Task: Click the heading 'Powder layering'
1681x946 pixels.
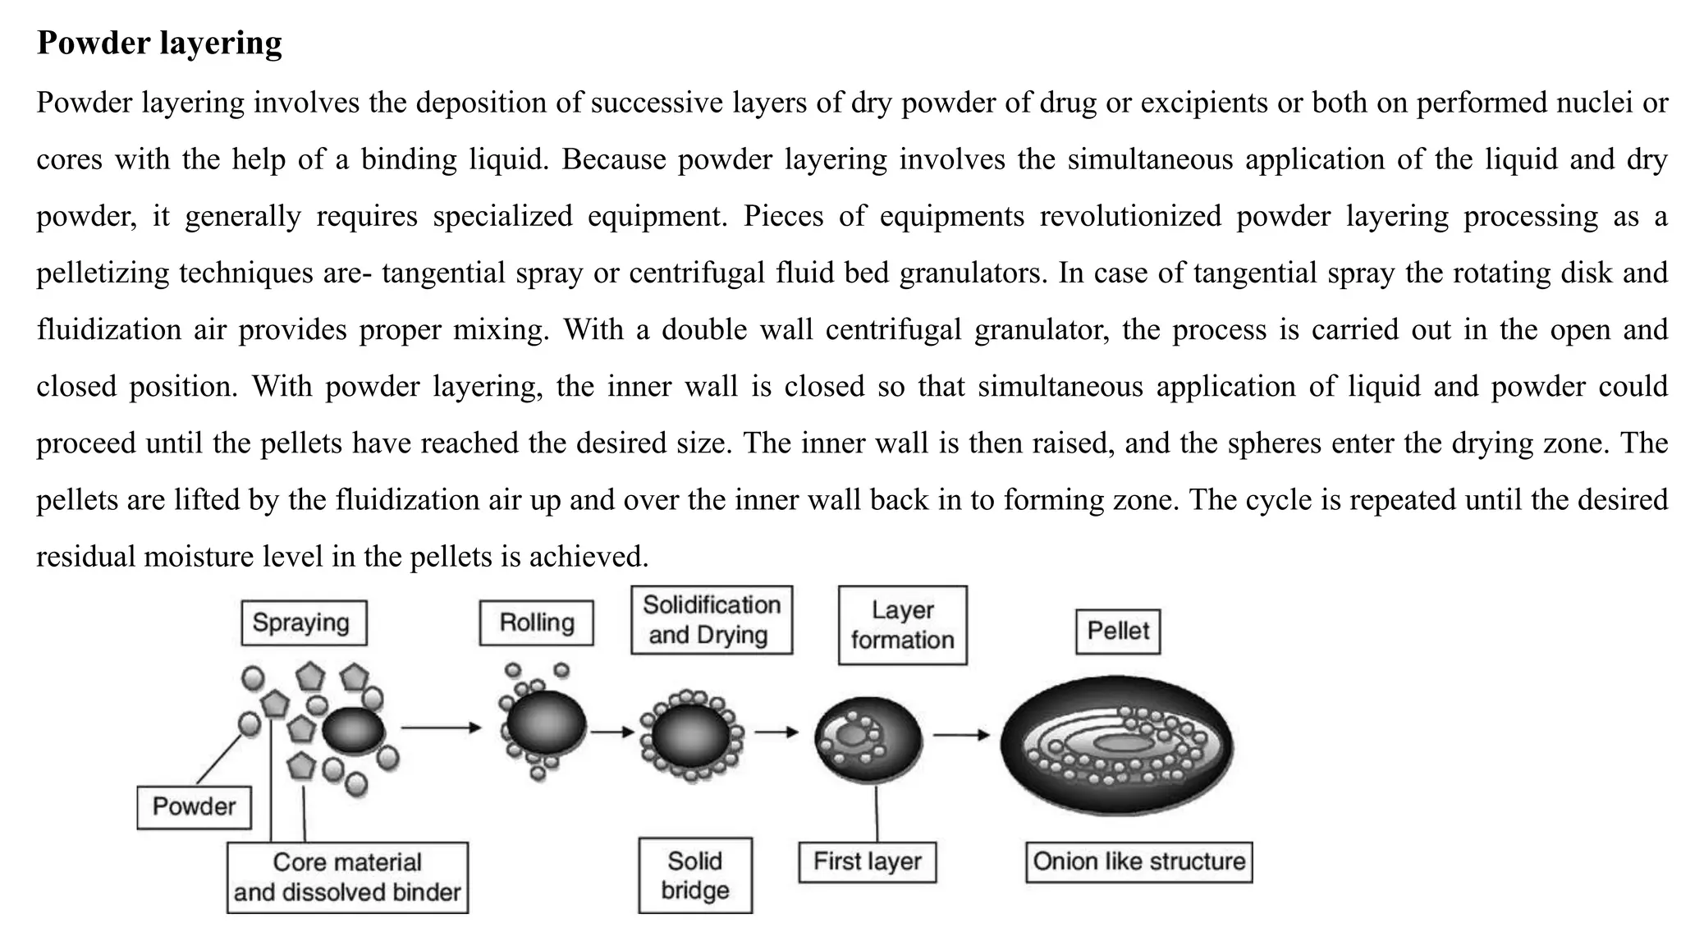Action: tap(159, 43)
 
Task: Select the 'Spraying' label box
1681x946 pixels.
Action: tap(304, 623)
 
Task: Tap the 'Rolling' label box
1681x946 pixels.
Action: tap(536, 623)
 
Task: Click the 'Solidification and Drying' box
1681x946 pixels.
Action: tap(711, 620)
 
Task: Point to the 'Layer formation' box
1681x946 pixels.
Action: tap(902, 625)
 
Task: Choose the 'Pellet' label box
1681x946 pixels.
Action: tap(1117, 631)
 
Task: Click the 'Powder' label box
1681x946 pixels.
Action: tap(194, 806)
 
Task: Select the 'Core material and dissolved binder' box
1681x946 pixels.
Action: tap(347, 877)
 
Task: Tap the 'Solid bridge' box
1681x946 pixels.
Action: tap(694, 875)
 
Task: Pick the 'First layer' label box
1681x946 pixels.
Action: tap(867, 861)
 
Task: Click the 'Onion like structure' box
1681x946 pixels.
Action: tap(1138, 861)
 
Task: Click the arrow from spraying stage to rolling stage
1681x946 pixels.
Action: tap(441, 728)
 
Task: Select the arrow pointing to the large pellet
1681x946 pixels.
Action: tap(961, 735)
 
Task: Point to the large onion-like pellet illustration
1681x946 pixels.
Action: tap(1116, 745)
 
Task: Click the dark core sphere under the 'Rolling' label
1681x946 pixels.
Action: tap(545, 724)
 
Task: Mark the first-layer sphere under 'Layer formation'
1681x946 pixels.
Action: tap(868, 739)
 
